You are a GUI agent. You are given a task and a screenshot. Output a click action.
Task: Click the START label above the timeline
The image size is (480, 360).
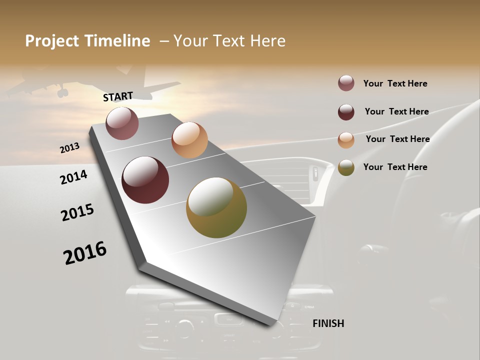118,96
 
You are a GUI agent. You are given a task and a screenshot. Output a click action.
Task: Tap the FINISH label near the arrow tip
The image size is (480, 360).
328,323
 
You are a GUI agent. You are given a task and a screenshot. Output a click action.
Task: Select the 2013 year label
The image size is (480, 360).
69,148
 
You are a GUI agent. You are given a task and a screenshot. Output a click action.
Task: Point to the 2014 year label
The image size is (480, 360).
73,177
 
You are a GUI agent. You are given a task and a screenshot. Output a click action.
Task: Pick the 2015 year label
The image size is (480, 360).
77,212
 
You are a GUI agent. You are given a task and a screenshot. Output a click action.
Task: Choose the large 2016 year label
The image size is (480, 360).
85,253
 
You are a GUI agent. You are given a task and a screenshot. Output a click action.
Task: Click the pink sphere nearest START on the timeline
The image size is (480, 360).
122,123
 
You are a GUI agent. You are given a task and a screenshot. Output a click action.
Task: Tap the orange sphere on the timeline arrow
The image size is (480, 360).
189,140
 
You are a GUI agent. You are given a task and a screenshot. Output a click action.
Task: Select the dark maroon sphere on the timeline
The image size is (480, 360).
145,180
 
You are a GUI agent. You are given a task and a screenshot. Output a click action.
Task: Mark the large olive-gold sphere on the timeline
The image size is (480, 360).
216,207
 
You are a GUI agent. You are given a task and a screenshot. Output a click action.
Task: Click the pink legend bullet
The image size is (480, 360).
346,83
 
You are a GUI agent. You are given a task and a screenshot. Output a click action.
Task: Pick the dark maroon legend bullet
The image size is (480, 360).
346,112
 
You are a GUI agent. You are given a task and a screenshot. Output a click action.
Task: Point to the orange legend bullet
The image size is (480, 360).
346,140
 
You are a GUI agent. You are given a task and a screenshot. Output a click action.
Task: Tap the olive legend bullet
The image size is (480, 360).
346,167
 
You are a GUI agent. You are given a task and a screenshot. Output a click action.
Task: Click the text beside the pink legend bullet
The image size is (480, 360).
395,83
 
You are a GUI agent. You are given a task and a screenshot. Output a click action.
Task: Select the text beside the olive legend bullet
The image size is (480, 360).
395,167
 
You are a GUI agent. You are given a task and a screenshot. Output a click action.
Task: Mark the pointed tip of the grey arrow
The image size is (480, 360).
270,325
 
